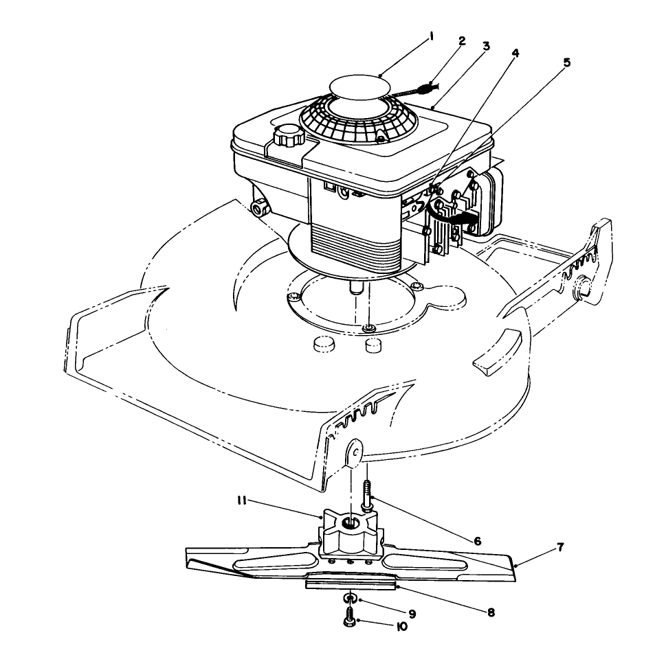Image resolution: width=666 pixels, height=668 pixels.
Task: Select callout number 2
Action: tap(462, 41)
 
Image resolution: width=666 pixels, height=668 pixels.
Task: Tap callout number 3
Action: tap(486, 47)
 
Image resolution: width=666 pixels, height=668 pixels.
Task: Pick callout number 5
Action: tap(566, 62)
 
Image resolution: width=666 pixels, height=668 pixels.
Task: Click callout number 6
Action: tap(476, 540)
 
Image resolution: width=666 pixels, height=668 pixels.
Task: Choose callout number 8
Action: tap(491, 611)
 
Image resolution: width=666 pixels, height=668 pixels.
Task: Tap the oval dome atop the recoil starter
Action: tap(359, 89)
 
